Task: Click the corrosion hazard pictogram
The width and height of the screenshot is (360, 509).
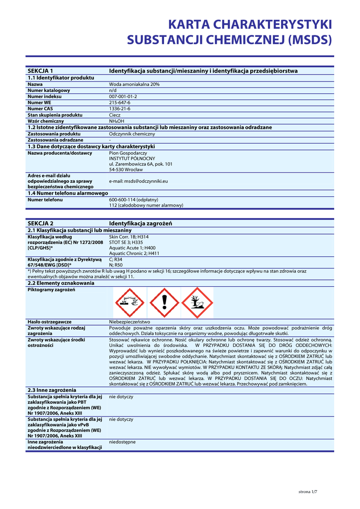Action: coord(129,303)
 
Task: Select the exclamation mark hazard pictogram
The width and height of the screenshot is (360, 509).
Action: coord(164,303)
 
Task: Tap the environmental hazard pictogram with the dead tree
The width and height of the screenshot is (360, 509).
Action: coord(197,303)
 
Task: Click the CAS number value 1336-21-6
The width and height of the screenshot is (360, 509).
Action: coord(119,109)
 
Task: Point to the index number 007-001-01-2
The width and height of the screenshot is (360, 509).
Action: coord(123,96)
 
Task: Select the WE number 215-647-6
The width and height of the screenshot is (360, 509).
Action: coord(119,103)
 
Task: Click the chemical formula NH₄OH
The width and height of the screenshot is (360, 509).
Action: coord(117,121)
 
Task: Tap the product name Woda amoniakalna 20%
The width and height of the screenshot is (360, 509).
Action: coord(134,85)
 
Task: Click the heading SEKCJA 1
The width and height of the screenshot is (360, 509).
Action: coord(40,71)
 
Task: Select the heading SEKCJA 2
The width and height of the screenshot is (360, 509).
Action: coord(40,224)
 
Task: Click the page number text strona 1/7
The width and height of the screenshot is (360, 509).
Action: coord(307,492)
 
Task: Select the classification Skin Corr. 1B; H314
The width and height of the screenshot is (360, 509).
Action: coord(129,237)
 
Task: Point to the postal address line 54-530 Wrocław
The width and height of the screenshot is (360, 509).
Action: coord(125,170)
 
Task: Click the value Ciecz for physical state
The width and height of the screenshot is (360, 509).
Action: coord(115,115)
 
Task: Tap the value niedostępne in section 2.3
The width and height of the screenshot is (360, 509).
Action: coord(122,441)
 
